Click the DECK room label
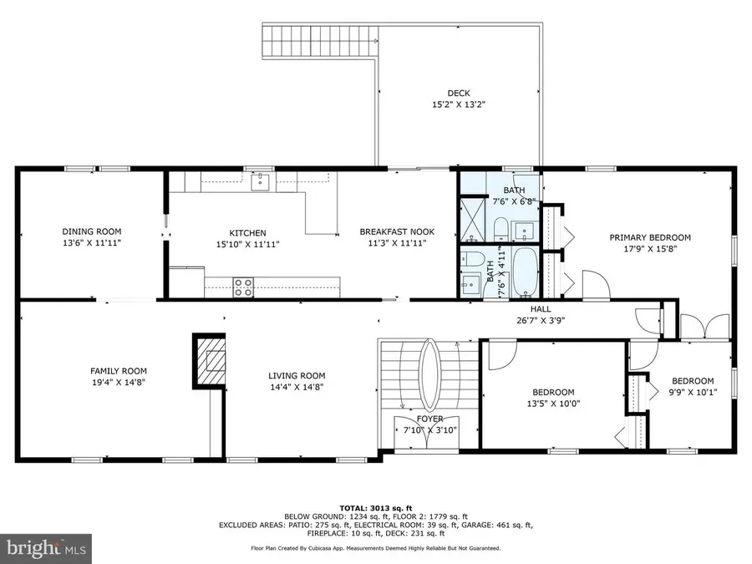(x=459, y=93)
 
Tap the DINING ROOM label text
(x=92, y=231)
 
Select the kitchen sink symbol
(x=261, y=182)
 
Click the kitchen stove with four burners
(x=243, y=287)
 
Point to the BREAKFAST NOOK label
(x=397, y=231)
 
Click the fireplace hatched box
(x=209, y=361)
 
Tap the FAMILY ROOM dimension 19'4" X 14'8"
(x=119, y=382)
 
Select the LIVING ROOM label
(x=297, y=376)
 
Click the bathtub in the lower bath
(x=526, y=272)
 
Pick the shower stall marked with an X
(x=472, y=219)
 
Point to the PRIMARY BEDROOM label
(x=650, y=237)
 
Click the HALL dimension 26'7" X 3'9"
(x=541, y=320)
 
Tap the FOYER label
(x=429, y=419)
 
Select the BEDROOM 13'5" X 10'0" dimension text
(x=553, y=404)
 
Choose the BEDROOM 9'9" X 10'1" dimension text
(x=693, y=393)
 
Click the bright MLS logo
(x=46, y=547)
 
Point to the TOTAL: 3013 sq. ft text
(x=376, y=508)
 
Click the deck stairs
(x=320, y=41)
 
